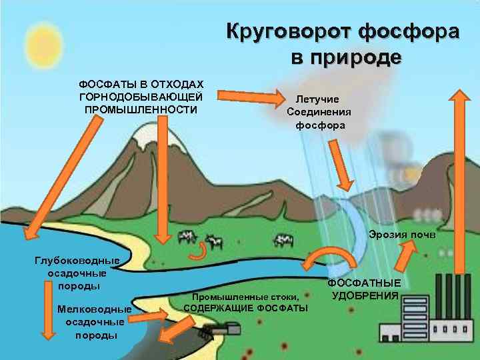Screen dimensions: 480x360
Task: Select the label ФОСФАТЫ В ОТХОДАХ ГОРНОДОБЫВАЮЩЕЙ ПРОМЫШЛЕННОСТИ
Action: [141, 97]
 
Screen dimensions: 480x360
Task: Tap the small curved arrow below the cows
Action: [198, 252]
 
